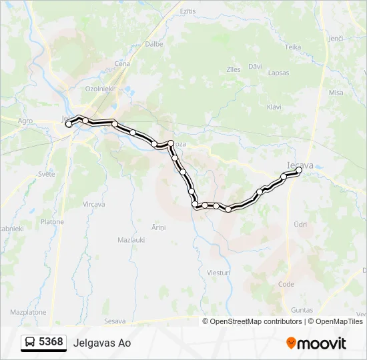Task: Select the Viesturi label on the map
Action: (x=218, y=273)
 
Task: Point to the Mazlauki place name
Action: (x=131, y=239)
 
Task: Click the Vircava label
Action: (x=94, y=204)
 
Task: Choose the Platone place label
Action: (x=52, y=222)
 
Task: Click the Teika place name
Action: (x=293, y=47)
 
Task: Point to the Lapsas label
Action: (x=279, y=73)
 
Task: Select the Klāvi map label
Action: (x=274, y=107)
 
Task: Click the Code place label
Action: (x=286, y=283)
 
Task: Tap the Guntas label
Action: (x=302, y=310)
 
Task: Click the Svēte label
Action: (x=47, y=173)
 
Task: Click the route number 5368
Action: (x=51, y=342)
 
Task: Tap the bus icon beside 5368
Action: (x=30, y=343)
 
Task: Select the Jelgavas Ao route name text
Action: (x=103, y=343)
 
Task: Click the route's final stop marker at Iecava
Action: (x=298, y=171)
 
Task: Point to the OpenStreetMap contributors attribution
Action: (x=256, y=321)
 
